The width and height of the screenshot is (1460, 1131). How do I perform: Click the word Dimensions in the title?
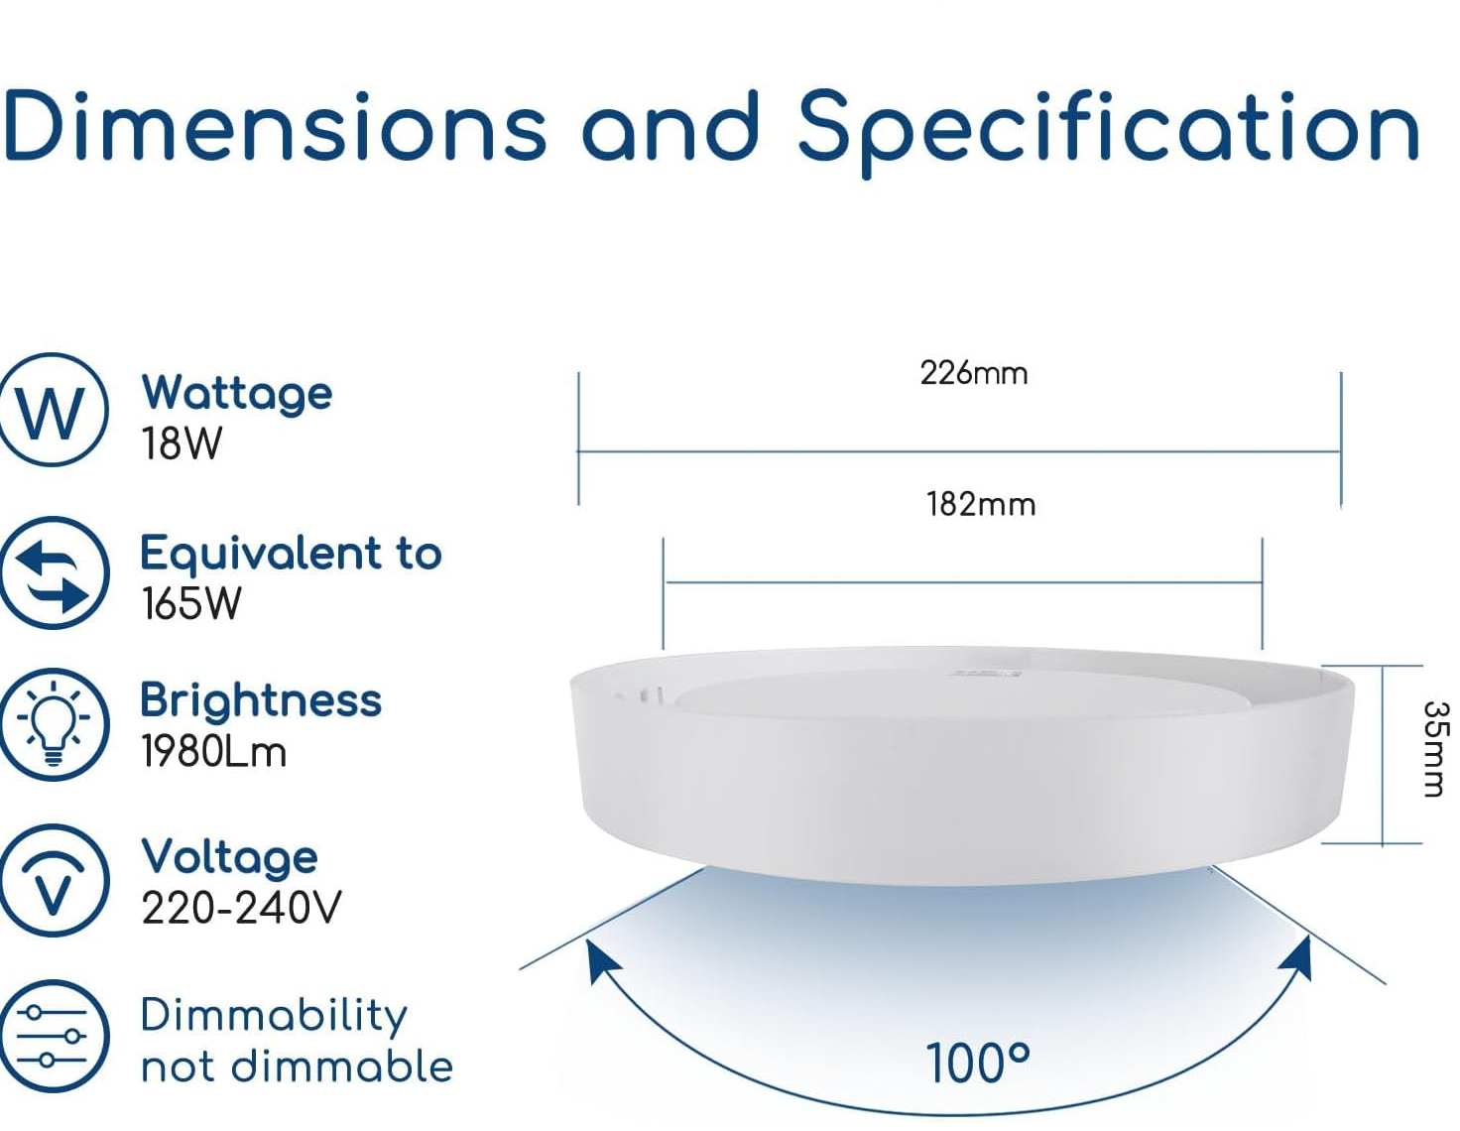[275, 126]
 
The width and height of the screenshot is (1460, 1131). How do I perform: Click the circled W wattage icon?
[53, 410]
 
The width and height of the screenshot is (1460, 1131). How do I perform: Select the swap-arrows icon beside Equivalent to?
[54, 572]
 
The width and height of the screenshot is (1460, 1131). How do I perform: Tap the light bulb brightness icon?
[54, 724]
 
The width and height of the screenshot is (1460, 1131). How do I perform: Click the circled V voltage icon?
[54, 881]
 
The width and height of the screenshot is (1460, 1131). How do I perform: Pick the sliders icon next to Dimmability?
[54, 1037]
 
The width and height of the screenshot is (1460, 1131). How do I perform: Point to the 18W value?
[182, 443]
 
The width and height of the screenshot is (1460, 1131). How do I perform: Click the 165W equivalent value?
[190, 603]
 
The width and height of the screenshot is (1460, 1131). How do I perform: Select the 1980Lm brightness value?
[213, 752]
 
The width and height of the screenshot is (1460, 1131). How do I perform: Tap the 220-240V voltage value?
[241, 907]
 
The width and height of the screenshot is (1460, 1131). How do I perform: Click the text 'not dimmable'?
[297, 1067]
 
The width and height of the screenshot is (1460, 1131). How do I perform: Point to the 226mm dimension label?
[973, 373]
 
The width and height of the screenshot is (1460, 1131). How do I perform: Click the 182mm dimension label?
[981, 504]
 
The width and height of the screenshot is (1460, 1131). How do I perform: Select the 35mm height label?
[1434, 749]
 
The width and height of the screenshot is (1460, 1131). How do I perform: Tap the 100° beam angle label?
[978, 1064]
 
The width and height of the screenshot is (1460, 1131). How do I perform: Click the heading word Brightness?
[261, 700]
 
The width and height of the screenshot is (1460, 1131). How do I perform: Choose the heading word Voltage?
[229, 856]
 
